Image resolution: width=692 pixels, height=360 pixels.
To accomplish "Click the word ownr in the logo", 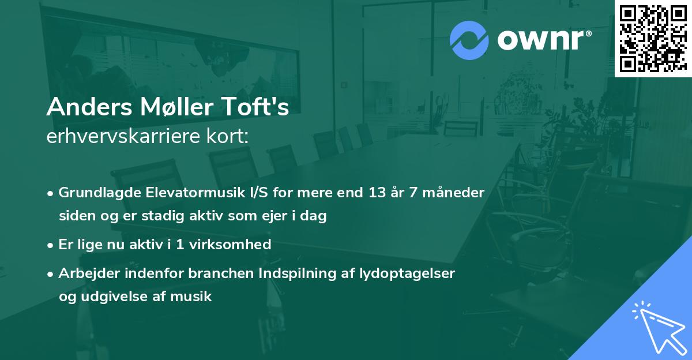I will [542, 40].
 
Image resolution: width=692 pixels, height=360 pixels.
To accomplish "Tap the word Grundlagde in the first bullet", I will [95, 192].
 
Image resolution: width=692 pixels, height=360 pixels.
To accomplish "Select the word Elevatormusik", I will [185, 192].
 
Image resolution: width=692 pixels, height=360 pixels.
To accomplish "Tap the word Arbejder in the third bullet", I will [84, 273].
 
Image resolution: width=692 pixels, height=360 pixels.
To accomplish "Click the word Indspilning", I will [280, 273].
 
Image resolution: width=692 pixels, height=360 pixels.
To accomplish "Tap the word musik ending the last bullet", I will [195, 297].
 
